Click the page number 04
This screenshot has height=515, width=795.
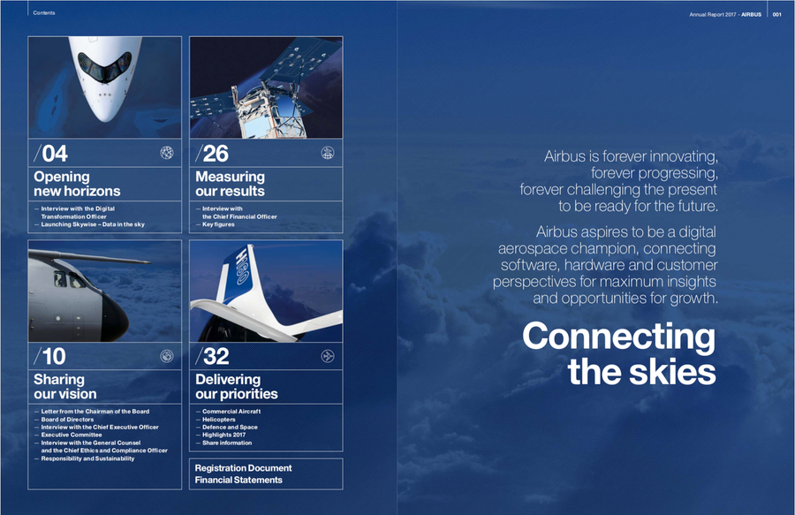(x=55, y=154)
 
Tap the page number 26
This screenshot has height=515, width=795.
(x=216, y=154)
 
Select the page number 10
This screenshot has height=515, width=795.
(x=54, y=356)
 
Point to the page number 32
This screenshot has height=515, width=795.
(x=216, y=356)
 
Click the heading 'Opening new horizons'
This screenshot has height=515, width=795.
(x=77, y=184)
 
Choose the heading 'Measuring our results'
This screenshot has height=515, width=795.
(x=231, y=184)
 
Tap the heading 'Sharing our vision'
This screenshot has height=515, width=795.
(x=64, y=387)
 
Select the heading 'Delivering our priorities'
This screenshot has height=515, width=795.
(x=237, y=387)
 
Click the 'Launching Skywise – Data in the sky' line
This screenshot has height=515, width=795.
(x=93, y=224)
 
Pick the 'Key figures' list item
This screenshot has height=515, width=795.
(x=218, y=224)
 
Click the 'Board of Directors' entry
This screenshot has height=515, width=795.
(x=67, y=420)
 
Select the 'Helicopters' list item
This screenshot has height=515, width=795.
(x=219, y=420)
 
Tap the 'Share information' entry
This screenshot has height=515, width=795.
(x=227, y=443)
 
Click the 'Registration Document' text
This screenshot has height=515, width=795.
(x=244, y=468)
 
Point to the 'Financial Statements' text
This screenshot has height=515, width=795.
(x=238, y=480)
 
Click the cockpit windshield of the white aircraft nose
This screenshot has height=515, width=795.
(x=104, y=66)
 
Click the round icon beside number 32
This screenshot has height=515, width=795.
(x=328, y=356)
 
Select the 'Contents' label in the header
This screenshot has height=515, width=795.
(x=44, y=12)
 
